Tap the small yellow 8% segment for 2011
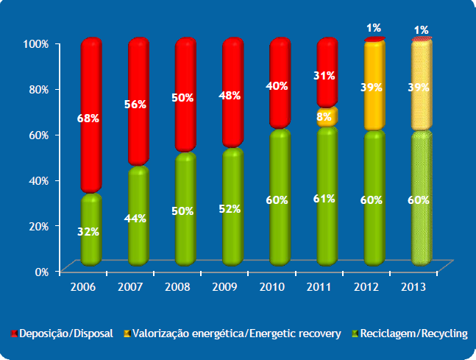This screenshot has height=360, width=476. point(327,116)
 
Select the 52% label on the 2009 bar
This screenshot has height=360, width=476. point(230,208)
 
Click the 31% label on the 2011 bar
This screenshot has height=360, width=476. point(324,75)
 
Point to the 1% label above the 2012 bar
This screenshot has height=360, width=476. point(374,28)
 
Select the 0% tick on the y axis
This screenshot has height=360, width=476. point(40,271)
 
